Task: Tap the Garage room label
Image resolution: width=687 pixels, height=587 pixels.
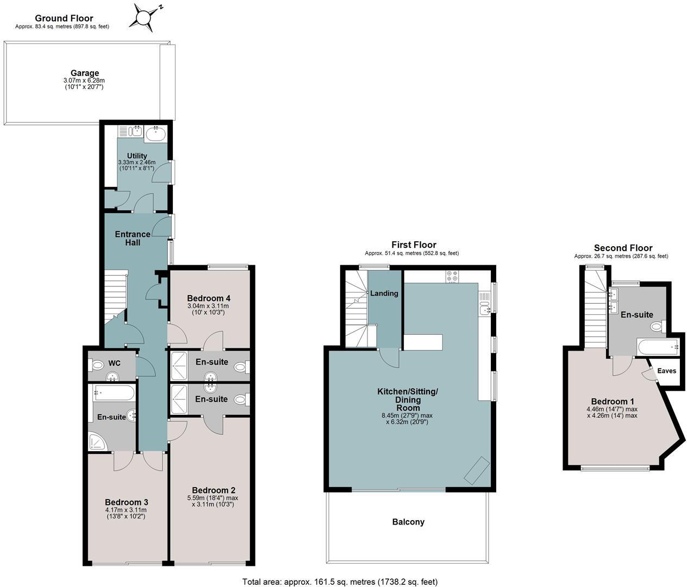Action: [84, 73]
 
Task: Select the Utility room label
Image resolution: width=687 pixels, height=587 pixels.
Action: [137, 156]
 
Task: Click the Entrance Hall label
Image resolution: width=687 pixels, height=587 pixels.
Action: [132, 239]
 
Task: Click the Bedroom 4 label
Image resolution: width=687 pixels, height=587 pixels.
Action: [209, 298]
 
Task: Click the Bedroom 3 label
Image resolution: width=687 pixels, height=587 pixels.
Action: [126, 502]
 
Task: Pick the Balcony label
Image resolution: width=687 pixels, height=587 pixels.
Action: [408, 522]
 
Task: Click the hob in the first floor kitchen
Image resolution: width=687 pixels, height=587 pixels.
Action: [452, 276]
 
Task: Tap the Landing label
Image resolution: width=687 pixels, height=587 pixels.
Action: [384, 293]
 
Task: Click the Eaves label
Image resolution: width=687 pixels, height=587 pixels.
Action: [666, 371]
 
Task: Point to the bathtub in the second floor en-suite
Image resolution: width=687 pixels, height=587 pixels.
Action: [658, 346]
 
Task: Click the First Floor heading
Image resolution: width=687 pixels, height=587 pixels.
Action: [414, 245]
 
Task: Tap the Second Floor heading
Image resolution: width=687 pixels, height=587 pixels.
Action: [623, 248]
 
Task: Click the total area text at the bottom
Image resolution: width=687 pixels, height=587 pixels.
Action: [340, 582]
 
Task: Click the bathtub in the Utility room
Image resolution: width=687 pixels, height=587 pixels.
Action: [156, 133]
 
